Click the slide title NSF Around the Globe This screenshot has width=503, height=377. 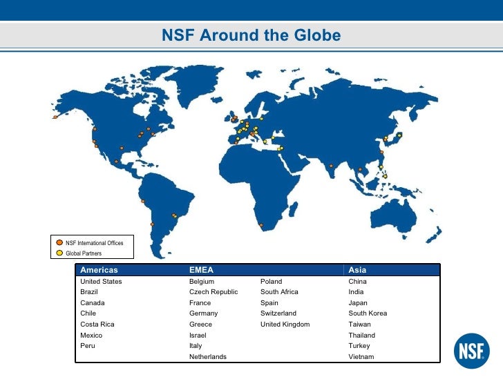[x=251, y=35]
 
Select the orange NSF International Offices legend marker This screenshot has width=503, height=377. [x=60, y=242]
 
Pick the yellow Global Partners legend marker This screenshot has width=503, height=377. [x=60, y=253]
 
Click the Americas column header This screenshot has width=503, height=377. [x=99, y=270]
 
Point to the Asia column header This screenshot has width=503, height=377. [x=357, y=270]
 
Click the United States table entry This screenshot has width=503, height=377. [x=101, y=282]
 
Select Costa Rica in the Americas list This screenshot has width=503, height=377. [x=97, y=324]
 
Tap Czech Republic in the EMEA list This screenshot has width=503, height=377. [x=213, y=292]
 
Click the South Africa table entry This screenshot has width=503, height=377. [x=279, y=292]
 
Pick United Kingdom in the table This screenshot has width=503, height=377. [x=285, y=324]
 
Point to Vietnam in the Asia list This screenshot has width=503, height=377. [x=361, y=356]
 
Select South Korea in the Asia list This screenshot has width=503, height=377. [x=368, y=313]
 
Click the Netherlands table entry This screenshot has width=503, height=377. [x=207, y=356]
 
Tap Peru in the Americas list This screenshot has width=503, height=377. [x=88, y=345]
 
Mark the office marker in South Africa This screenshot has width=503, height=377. [x=261, y=225]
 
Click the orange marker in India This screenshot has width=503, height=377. [x=332, y=166]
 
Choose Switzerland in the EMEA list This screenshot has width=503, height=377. [x=278, y=313]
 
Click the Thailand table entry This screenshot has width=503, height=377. [x=361, y=335]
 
